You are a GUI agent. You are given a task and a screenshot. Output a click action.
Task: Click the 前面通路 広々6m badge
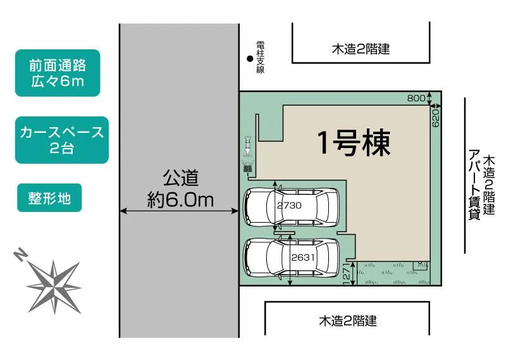click(x=58, y=73)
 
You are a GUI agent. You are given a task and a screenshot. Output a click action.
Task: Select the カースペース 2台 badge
click(x=61, y=140)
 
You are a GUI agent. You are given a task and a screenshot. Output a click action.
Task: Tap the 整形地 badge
click(x=49, y=198)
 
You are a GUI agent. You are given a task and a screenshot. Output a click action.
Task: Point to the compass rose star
click(x=54, y=287)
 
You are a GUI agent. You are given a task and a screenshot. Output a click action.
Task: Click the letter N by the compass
click(x=20, y=254)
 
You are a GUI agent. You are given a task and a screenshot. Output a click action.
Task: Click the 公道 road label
click(x=180, y=178)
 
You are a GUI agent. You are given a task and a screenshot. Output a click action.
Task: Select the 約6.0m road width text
click(x=180, y=200)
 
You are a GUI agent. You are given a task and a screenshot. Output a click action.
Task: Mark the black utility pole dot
click(x=250, y=59)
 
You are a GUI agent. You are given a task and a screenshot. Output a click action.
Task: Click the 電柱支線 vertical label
click(x=261, y=57)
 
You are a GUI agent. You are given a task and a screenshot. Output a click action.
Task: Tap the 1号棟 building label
click(x=354, y=142)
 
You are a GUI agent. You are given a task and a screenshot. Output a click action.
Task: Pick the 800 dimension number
click(x=416, y=98)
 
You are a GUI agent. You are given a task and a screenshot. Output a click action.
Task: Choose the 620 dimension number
click(x=435, y=117)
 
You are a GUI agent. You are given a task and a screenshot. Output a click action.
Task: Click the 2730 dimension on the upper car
click(x=289, y=205)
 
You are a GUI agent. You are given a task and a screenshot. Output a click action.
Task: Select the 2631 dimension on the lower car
click(x=303, y=258)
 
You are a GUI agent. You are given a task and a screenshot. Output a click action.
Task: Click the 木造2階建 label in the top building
click(x=361, y=49)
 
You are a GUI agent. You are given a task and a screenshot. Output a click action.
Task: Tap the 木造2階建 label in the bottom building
click(x=348, y=321)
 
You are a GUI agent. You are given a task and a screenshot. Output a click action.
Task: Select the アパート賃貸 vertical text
click(x=474, y=184)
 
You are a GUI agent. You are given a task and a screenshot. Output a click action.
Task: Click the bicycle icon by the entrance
click(x=248, y=154)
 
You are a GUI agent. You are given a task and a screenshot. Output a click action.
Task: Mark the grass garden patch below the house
click(x=393, y=273)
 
